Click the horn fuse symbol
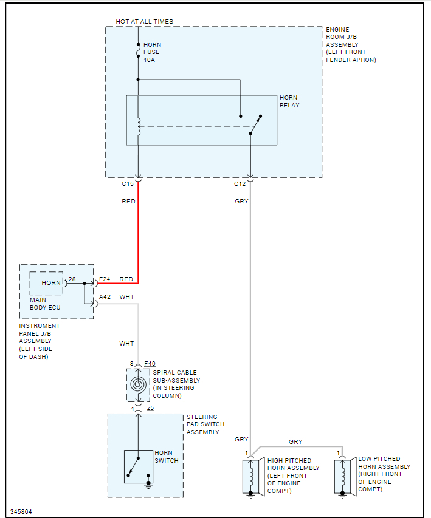point(138,50)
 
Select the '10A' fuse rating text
point(149,60)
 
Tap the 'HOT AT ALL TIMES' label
point(145,21)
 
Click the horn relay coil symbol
point(139,126)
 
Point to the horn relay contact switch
point(255,125)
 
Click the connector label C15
point(128,183)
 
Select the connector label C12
point(240,183)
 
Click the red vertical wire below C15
point(138,232)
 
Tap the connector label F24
point(105,279)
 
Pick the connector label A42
point(105,297)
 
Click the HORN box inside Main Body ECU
point(46,283)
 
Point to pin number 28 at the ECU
point(72,279)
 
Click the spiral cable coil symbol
point(138,384)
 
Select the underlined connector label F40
point(150,363)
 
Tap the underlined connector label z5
point(151,408)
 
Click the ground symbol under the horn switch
point(148,484)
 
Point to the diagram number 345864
point(21,512)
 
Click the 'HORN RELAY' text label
point(289,101)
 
